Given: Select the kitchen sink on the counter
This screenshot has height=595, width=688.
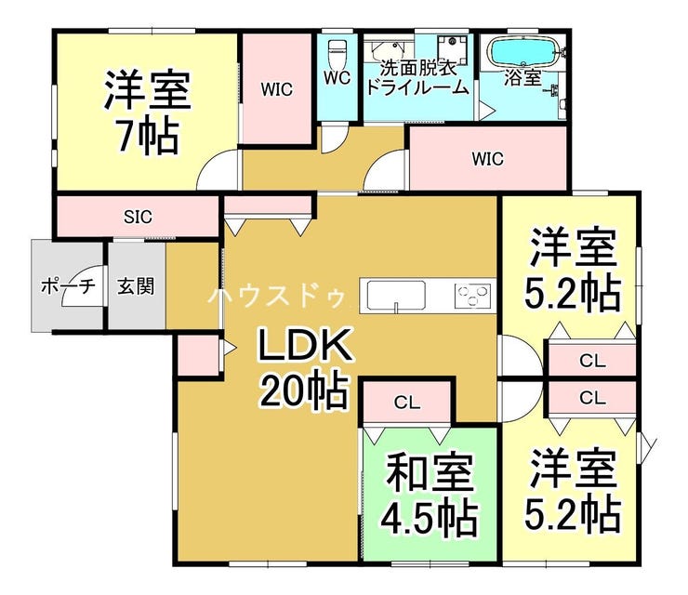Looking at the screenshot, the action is coord(396,295).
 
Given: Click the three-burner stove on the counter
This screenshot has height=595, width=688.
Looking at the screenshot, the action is coord(472,295).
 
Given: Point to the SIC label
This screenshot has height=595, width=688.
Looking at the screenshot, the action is coord(138,217).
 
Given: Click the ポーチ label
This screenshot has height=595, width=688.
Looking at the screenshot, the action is coord(68,287).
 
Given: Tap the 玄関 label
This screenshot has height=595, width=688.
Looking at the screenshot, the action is coord(136,286).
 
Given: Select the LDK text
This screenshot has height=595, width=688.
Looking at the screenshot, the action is coord(305,345).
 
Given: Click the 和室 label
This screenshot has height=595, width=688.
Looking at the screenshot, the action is coord(430,474).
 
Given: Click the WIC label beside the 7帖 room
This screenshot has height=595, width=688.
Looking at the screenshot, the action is coord(276,89).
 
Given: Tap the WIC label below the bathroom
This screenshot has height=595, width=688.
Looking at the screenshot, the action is coord(487,158).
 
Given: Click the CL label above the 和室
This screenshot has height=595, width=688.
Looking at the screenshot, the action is coord(407,402).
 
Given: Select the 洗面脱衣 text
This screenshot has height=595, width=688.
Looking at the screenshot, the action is coord(418,68).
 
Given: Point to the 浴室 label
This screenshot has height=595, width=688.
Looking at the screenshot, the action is coord(523,78).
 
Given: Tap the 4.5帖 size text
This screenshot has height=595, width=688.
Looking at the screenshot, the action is coord(429,520).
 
